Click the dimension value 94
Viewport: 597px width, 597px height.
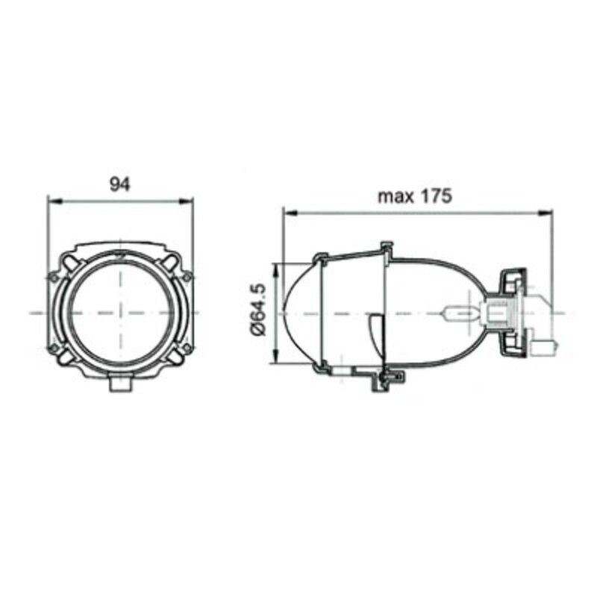[x=119, y=184]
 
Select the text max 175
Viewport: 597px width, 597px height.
[x=414, y=196]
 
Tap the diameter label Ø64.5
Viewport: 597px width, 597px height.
[x=259, y=312]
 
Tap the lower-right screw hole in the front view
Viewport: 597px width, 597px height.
[x=187, y=348]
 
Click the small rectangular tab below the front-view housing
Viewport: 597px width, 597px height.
[x=119, y=384]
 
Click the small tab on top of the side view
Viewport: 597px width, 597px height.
[x=386, y=246]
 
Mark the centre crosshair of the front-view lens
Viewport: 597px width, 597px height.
[x=119, y=312]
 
